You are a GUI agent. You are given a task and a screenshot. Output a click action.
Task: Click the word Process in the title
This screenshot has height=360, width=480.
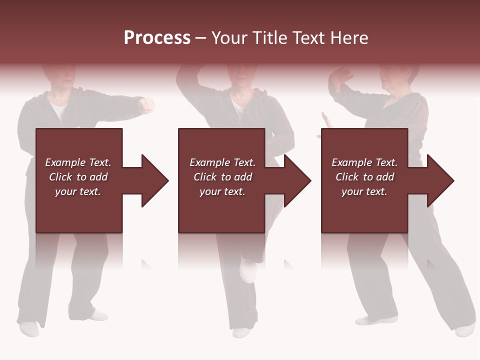(157, 37)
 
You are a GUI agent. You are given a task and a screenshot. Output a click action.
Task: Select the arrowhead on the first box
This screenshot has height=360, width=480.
(152, 180)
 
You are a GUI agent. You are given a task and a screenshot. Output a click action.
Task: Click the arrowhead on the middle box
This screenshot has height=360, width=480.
(295, 180)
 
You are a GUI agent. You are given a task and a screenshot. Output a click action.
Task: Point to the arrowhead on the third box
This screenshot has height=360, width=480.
(438, 180)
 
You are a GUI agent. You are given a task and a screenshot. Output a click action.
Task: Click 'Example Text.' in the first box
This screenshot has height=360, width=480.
(78, 162)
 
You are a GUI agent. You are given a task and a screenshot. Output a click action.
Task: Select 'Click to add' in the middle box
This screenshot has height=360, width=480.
(222, 177)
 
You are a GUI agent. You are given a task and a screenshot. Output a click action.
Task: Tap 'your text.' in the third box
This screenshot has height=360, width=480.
(364, 191)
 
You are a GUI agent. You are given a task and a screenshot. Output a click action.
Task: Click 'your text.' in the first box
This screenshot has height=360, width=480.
(78, 191)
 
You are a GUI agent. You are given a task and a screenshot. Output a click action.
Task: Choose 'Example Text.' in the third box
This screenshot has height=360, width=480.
(364, 162)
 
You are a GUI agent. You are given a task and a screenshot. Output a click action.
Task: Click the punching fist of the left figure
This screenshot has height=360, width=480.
(146, 105)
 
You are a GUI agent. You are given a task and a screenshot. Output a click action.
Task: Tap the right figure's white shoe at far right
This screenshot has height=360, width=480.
(465, 329)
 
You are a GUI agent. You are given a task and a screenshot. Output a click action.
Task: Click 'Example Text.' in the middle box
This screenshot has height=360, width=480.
(222, 162)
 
